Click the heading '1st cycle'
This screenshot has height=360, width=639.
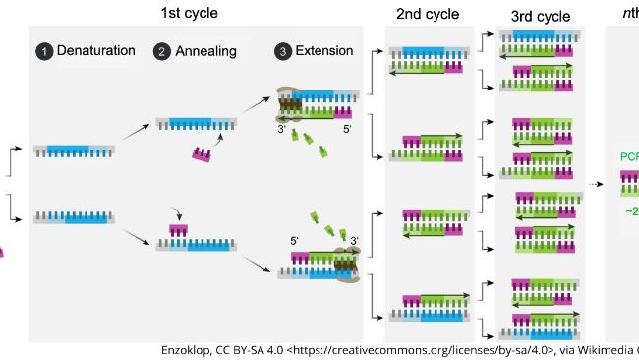190,13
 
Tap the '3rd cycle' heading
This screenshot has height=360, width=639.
540,16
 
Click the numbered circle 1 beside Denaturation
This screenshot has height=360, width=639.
43,51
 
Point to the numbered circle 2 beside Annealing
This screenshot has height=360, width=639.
162,51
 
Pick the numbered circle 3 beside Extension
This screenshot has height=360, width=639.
283,51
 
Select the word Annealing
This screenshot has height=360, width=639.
205,51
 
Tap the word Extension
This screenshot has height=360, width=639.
324,51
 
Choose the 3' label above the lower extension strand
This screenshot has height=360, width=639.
354,239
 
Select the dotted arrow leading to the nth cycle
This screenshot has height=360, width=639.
596,184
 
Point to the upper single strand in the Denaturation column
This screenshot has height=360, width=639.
78,150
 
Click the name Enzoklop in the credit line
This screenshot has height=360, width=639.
187,349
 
